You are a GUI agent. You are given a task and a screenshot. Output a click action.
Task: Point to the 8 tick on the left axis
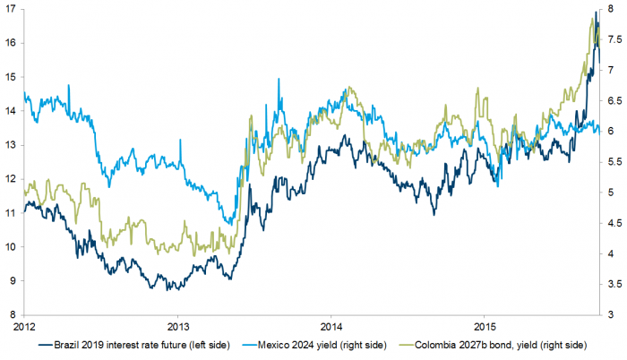pos(9,314)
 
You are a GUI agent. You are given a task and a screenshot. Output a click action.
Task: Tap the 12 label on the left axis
pos(9,179)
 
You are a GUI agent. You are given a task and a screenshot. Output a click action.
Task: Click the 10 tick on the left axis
pos(9,246)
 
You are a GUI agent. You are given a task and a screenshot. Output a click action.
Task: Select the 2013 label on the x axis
pos(178,327)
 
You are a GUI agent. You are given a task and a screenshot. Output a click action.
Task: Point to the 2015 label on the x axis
pos(485,327)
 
